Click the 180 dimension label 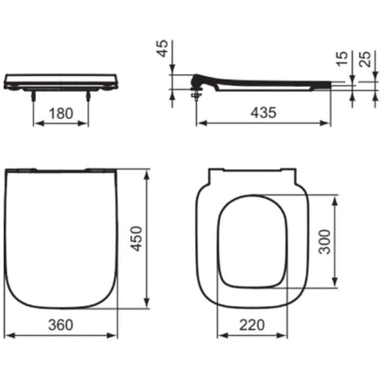click(61, 114)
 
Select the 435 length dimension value click(264, 113)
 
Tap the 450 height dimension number click(136, 238)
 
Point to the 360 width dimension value click(60, 325)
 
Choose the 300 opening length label click(324, 242)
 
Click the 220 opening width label click(252, 325)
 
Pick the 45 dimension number click(162, 49)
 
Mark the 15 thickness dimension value click(342, 59)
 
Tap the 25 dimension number click(365, 59)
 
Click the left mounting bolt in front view click(33, 95)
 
